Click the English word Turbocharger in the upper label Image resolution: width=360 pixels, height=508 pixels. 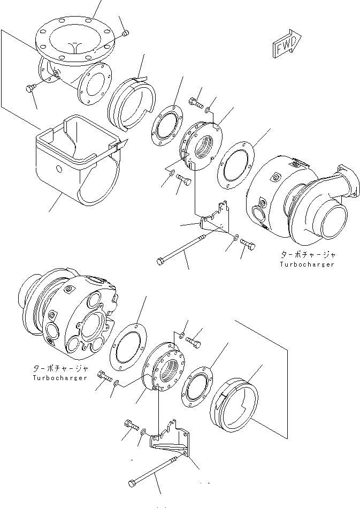coord(307,264)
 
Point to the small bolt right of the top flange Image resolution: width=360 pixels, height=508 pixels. coord(125,34)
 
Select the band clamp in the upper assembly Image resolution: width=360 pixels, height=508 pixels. coord(131,102)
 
